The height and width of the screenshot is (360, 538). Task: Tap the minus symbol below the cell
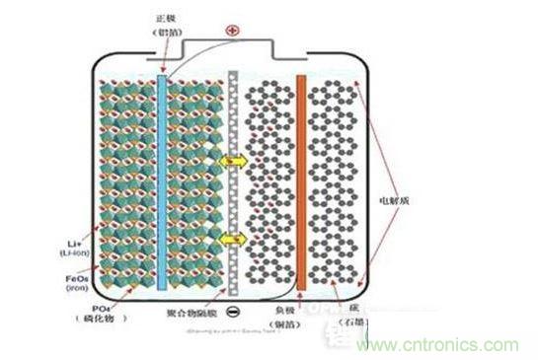232,314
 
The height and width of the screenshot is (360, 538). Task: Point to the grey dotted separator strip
233,178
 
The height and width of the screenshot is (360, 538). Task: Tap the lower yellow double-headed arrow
233,240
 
